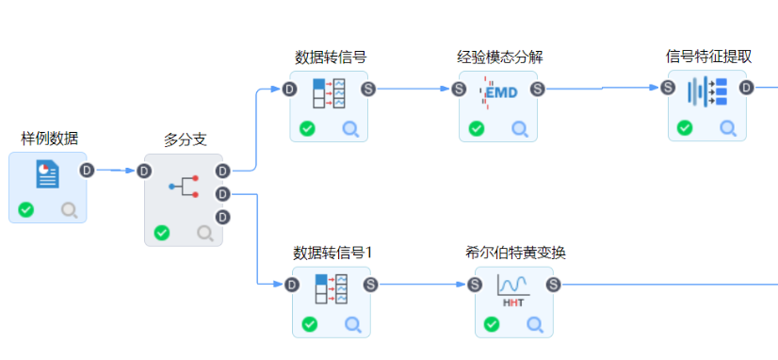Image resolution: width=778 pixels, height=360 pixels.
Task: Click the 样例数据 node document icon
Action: point(47,174)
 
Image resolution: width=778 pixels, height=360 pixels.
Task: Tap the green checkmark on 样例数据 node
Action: point(26,209)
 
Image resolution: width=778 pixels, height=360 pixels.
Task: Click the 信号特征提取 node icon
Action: point(706,91)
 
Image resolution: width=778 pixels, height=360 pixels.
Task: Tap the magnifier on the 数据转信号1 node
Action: point(352,324)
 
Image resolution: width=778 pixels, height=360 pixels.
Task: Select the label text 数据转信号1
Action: point(332,253)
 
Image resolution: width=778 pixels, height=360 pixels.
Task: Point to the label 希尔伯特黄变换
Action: point(514,253)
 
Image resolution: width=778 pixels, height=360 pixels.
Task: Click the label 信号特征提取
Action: point(707,56)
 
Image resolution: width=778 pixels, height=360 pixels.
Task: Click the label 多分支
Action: point(184,139)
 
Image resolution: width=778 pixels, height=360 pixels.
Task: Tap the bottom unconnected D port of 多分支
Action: point(222,217)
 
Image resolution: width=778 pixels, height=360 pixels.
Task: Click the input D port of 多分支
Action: point(144,171)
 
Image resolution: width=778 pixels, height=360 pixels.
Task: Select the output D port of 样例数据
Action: point(87,171)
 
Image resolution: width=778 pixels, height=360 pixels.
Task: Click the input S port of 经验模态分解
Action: point(459,89)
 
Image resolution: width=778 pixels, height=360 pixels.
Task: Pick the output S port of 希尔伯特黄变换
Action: point(554,284)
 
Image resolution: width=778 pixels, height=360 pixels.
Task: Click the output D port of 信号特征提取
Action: point(746,88)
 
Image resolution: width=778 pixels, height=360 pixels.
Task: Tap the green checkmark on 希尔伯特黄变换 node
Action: point(491,324)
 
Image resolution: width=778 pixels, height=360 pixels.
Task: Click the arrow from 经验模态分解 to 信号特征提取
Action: point(603,89)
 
